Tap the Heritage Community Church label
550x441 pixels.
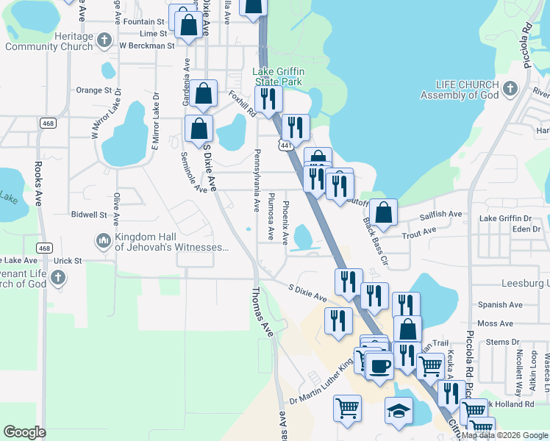pyautogui.click(x=49, y=41)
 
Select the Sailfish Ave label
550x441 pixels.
pyautogui.click(x=440, y=214)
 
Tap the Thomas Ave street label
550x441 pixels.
pyautogui.click(x=262, y=312)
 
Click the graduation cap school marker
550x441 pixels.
pyautogui.click(x=399, y=410)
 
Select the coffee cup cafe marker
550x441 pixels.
pyautogui.click(x=379, y=365)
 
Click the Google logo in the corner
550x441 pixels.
pyautogui.click(x=24, y=432)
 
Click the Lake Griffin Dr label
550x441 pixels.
pyautogui.click(x=505, y=218)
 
